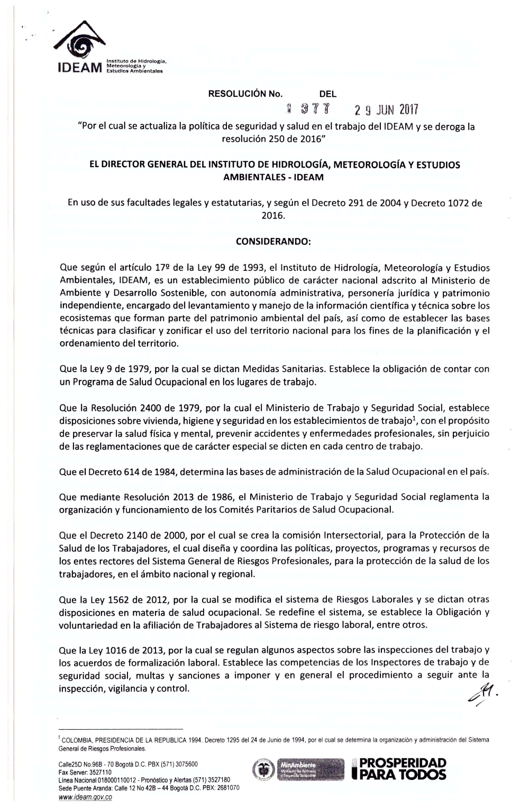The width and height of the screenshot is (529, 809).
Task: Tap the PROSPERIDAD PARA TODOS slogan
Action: click(403, 769)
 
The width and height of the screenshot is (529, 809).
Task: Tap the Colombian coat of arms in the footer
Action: click(262, 769)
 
